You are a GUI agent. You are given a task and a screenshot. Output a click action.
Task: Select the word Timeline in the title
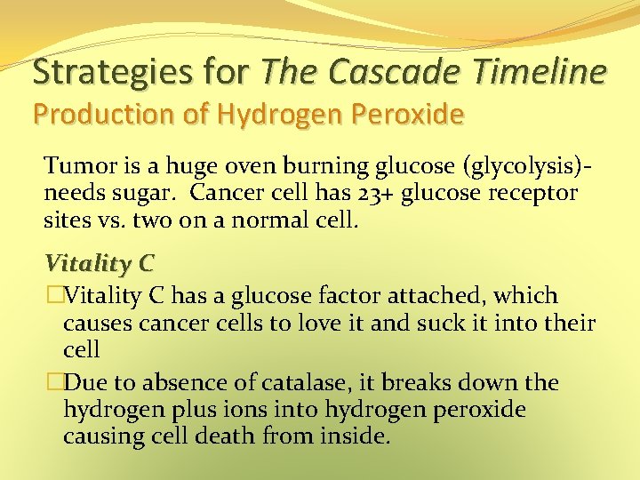click(545, 71)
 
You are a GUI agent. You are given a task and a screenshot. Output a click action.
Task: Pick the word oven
click(232, 165)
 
